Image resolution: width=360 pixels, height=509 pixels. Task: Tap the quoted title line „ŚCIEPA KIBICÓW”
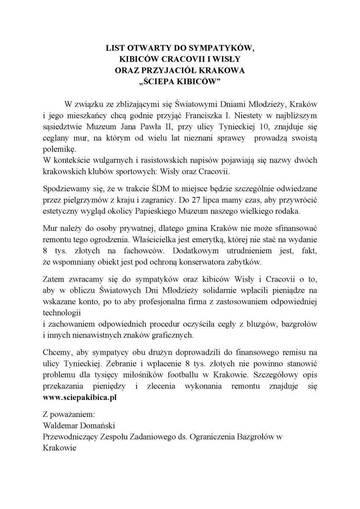[x=180, y=81]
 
